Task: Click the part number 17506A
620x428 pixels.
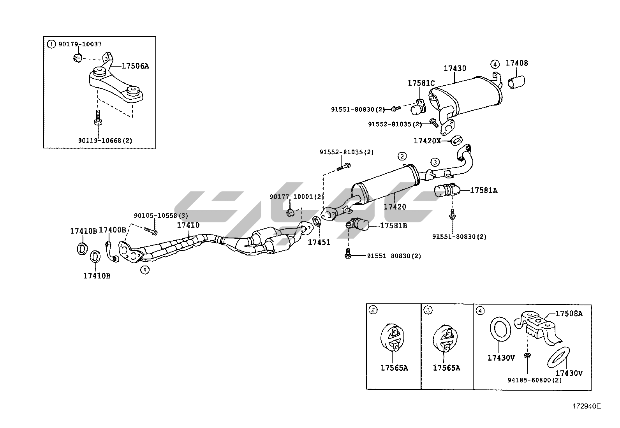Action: click(x=135, y=66)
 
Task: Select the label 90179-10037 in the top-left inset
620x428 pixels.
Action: click(x=80, y=44)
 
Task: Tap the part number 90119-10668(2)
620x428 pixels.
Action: click(x=105, y=141)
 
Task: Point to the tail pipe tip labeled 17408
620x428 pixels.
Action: click(x=516, y=83)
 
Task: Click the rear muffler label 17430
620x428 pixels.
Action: click(x=455, y=69)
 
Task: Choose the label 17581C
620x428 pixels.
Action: click(x=421, y=83)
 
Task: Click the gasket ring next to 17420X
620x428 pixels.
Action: click(x=456, y=139)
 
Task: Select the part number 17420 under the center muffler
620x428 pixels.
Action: click(x=395, y=207)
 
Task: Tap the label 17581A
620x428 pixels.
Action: click(x=483, y=190)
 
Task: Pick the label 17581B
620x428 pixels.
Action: click(x=393, y=225)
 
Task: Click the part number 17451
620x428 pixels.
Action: click(x=319, y=242)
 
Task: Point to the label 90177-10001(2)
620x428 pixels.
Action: click(x=297, y=197)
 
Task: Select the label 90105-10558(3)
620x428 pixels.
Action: click(x=161, y=215)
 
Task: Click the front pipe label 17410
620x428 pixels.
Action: click(x=188, y=225)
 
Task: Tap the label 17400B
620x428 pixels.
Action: click(x=112, y=230)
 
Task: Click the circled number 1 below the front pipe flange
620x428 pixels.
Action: click(x=144, y=269)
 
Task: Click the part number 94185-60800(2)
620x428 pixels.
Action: click(x=534, y=380)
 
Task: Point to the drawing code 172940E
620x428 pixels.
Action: click(x=586, y=406)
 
